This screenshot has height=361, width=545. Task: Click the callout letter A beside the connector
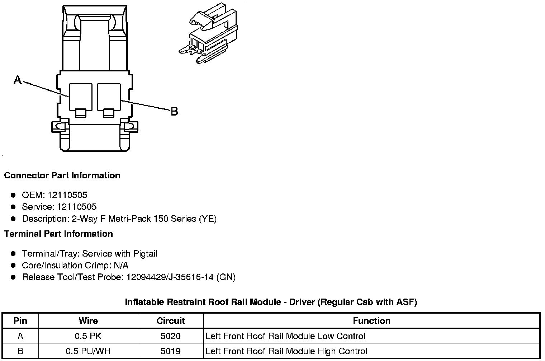(18, 80)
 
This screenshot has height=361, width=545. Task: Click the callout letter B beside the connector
(174, 112)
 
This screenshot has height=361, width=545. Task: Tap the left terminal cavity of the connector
(80, 97)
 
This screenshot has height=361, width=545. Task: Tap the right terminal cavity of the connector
(109, 97)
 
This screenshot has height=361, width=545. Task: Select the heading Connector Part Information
(62, 175)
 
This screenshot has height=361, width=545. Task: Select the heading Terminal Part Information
(58, 234)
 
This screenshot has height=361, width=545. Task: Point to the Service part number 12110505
(77, 207)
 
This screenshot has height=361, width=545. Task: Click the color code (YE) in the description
(208, 219)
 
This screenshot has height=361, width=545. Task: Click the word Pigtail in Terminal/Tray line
(145, 254)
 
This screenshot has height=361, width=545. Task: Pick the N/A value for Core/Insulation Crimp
(120, 266)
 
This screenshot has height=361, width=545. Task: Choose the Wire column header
(88, 321)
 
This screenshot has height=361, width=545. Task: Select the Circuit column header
(171, 321)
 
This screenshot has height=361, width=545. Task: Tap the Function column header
(371, 321)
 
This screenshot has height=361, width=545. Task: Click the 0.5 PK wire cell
(88, 336)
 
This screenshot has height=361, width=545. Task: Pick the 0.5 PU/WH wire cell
(88, 351)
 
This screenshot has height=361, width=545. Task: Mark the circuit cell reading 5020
(171, 336)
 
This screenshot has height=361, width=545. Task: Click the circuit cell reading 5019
(171, 351)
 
